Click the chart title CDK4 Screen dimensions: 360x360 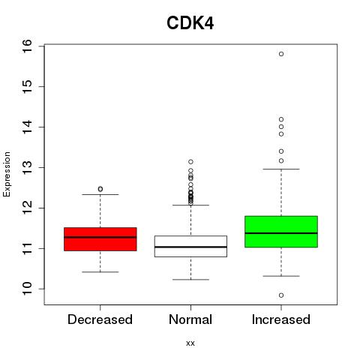[190, 23]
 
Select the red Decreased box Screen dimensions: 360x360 [100, 239]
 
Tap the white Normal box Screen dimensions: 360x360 [190, 246]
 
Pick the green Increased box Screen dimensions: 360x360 [281, 232]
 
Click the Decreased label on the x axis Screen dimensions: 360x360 [100, 319]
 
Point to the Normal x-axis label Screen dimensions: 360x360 [190, 319]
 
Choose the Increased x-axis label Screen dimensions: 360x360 [281, 319]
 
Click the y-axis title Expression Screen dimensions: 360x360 [7, 174]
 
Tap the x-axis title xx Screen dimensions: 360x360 [190, 343]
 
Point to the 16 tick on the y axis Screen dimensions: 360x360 [27, 46]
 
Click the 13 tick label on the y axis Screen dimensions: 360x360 [27, 167]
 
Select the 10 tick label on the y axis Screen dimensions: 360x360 [27, 289]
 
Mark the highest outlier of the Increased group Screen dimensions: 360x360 [281, 54]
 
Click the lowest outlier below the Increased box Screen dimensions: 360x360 [281, 295]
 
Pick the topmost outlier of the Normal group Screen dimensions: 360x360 [190, 162]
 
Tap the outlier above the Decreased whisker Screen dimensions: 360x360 [100, 189]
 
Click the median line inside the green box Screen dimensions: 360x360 [281, 233]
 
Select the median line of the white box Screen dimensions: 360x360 [190, 247]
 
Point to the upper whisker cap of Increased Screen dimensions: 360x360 [281, 169]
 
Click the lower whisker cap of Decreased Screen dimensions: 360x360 [100, 271]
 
